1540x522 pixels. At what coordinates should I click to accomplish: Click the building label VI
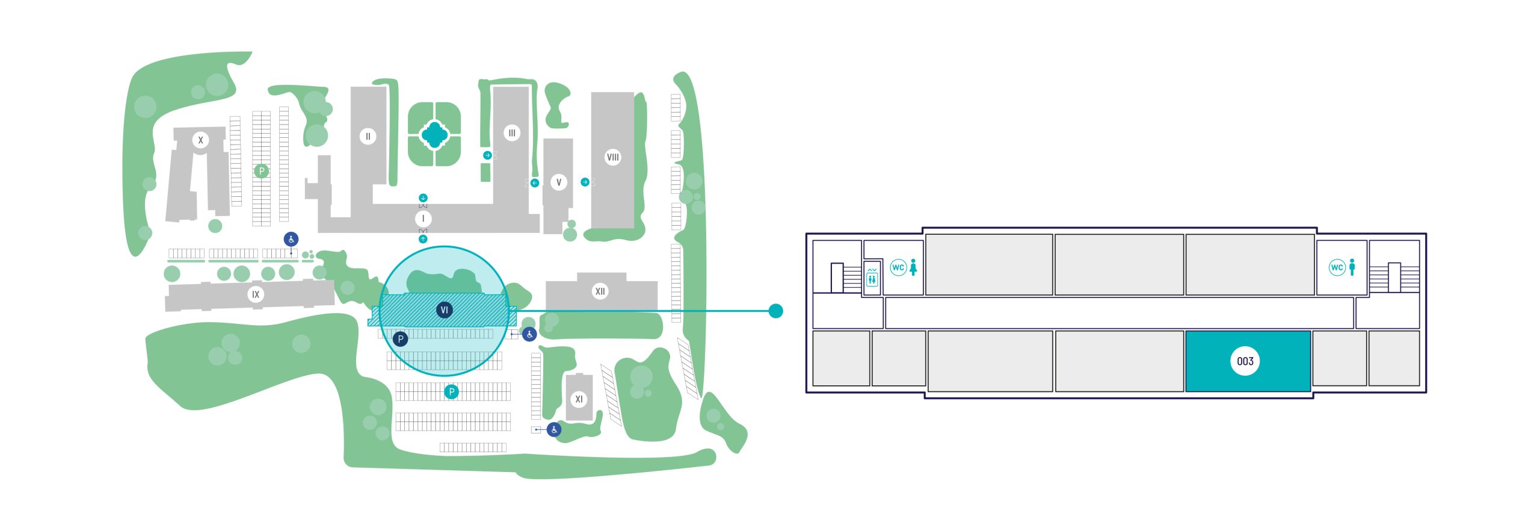coord(444,310)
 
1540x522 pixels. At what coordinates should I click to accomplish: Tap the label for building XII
coord(600,291)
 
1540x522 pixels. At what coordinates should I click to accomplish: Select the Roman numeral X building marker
coord(200,140)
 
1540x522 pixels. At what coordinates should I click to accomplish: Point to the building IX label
coord(256,294)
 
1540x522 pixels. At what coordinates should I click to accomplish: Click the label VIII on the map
coord(612,157)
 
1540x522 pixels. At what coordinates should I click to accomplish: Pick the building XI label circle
coord(579,399)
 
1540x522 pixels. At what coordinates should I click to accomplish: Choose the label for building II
coord(368,136)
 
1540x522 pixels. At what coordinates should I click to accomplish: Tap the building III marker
coord(511,133)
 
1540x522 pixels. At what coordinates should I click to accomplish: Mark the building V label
coord(558,182)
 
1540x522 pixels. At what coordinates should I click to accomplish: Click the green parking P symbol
coord(261,171)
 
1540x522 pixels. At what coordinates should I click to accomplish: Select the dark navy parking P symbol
coord(400,339)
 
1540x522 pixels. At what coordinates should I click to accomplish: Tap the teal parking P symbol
coord(451,392)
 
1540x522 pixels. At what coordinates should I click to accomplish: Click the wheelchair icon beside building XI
coord(554,429)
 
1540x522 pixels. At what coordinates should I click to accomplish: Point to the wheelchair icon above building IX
coord(291,239)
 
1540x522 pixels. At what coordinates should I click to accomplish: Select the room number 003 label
coord(1245,361)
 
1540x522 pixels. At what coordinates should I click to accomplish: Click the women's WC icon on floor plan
coord(905,267)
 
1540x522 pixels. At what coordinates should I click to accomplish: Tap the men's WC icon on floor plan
coord(1343,267)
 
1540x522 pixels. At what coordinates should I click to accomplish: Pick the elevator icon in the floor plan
coord(872,278)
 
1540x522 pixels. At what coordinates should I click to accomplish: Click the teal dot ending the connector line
coord(776,311)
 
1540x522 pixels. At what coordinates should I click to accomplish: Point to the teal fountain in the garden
coord(434,135)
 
